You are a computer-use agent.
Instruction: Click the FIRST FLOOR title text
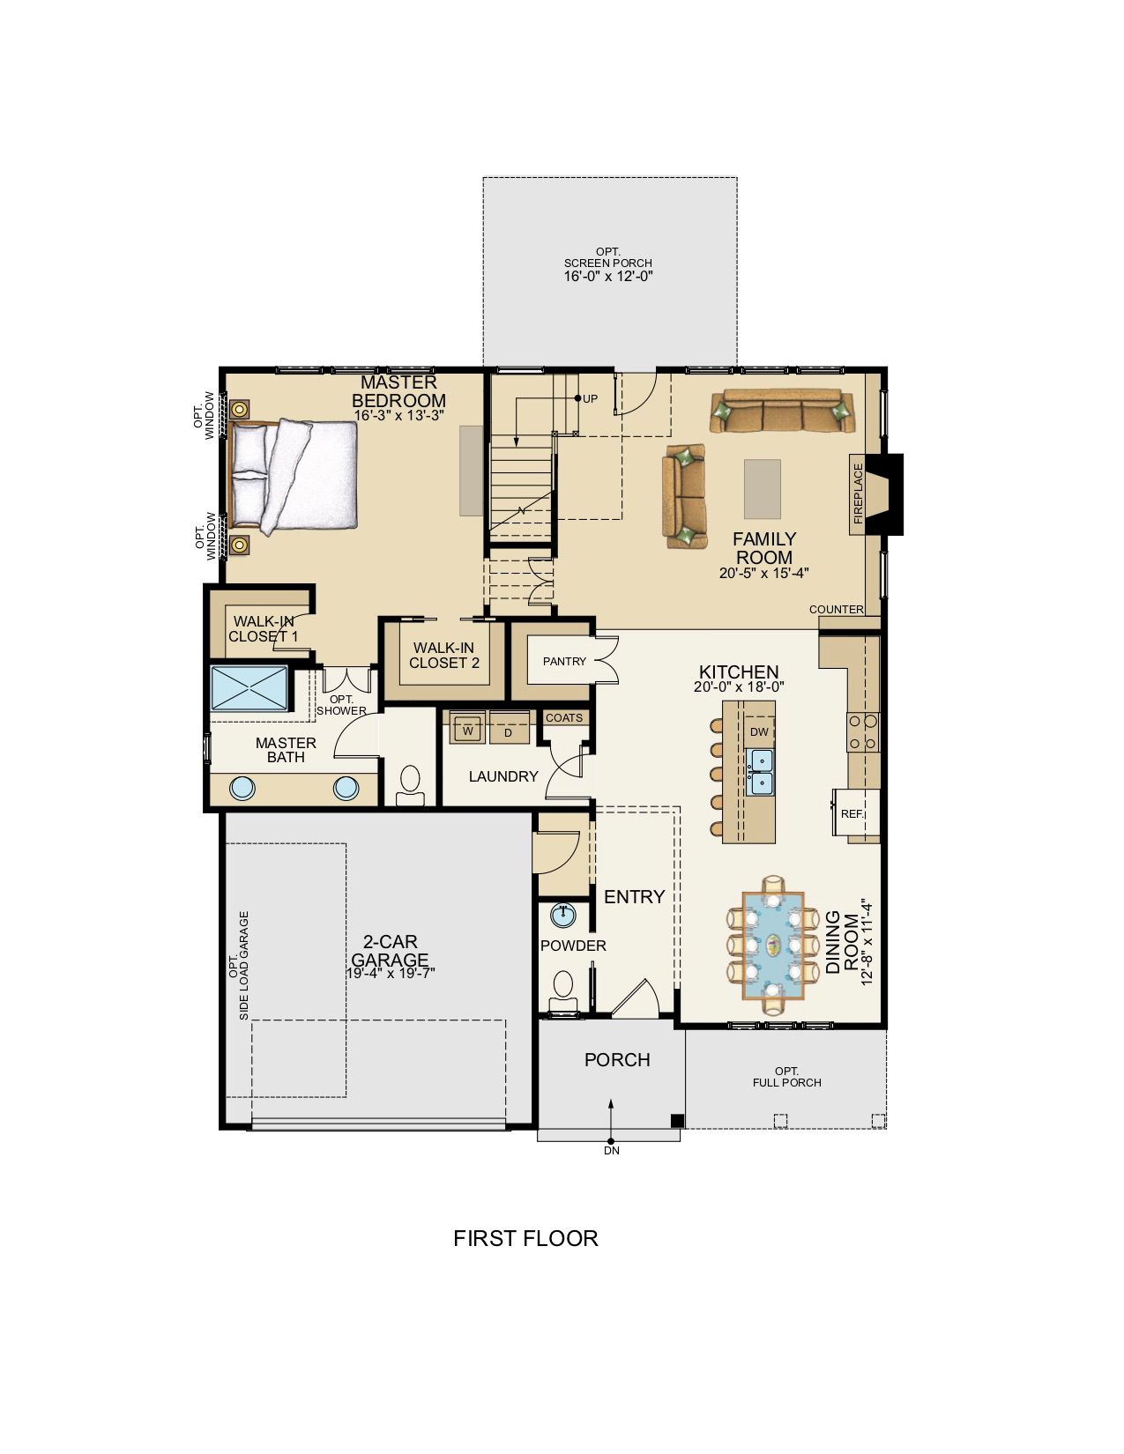click(x=525, y=1238)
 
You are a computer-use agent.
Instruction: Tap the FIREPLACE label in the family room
click(x=859, y=493)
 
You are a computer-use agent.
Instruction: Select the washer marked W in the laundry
click(x=468, y=730)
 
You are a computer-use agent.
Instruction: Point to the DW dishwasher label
click(x=759, y=732)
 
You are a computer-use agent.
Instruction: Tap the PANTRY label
click(x=564, y=661)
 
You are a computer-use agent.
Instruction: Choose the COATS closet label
click(x=564, y=717)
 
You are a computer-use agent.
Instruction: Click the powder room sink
click(x=563, y=915)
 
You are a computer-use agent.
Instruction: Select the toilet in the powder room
click(x=563, y=992)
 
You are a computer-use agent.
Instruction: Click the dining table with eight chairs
click(x=773, y=946)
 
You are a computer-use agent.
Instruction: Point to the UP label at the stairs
click(x=590, y=399)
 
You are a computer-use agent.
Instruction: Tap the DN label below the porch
click(x=612, y=1150)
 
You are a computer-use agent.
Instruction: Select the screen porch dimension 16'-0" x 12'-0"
click(x=608, y=276)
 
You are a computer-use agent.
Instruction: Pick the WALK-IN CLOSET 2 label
click(x=443, y=655)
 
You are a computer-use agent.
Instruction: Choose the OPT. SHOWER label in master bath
click(x=341, y=705)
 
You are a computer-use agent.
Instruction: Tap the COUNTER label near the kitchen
click(x=836, y=609)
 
